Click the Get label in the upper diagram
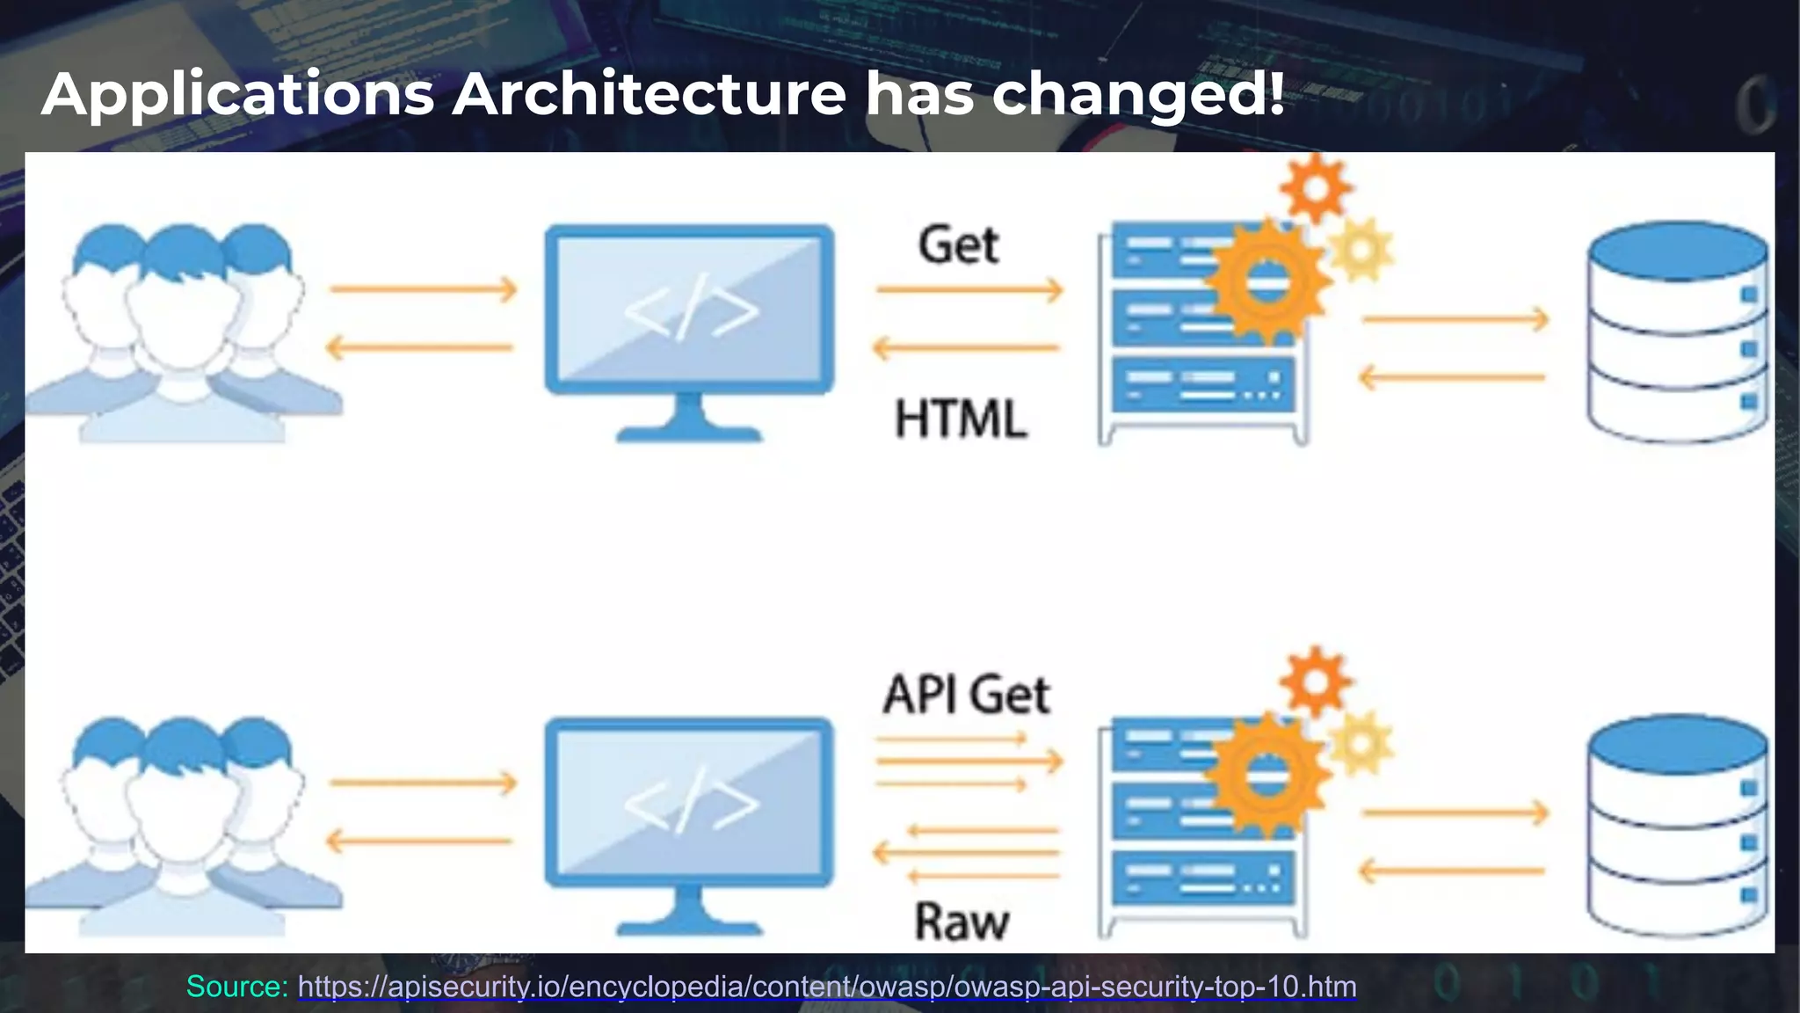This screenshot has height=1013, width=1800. [959, 244]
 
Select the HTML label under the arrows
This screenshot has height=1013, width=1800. [961, 419]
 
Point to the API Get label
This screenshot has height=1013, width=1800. [966, 695]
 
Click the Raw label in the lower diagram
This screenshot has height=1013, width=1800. [962, 922]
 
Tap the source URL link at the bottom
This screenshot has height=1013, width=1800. [827, 987]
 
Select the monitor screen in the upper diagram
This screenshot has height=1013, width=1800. [689, 309]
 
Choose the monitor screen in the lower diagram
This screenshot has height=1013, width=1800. [689, 802]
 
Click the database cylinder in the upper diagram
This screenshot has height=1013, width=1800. [1677, 332]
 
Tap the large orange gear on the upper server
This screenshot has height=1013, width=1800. [1267, 282]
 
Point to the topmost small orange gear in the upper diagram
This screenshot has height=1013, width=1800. [1315, 188]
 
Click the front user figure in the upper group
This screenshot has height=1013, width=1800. [183, 334]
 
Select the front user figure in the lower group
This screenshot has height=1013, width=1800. [183, 827]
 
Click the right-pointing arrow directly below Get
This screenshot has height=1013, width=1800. [969, 289]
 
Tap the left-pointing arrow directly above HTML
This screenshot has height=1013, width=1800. [967, 348]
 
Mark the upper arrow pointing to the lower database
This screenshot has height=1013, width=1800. [1455, 813]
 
